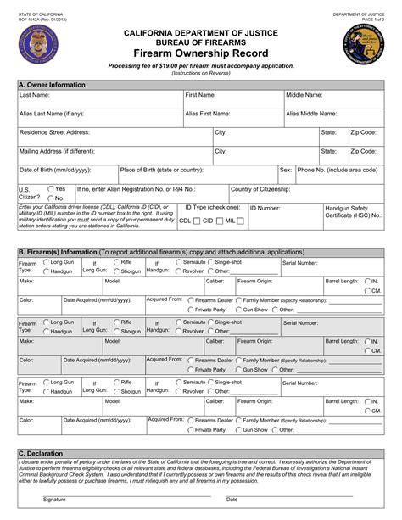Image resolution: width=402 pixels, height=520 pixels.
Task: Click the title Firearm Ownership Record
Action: pyautogui.click(x=201, y=52)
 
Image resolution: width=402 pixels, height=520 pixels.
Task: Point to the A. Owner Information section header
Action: pyautogui.click(x=49, y=86)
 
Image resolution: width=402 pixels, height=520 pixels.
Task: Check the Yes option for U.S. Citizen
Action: pyautogui.click(x=50, y=188)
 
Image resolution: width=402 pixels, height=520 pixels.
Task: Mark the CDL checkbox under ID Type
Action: pyautogui.click(x=196, y=221)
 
